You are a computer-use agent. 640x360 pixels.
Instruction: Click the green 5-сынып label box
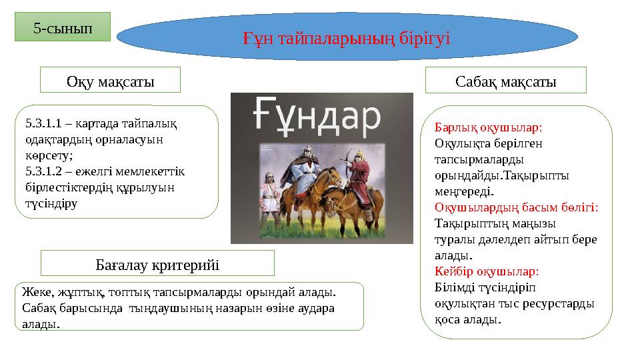tap(63, 27)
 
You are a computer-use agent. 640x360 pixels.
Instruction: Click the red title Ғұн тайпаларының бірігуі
tap(347, 39)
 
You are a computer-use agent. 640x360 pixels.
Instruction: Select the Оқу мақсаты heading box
tap(110, 80)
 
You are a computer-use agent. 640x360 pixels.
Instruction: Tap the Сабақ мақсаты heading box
tap(506, 81)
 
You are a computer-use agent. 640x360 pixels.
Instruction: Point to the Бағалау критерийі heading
tap(157, 264)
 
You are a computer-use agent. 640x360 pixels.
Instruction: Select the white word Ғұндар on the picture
tap(317, 117)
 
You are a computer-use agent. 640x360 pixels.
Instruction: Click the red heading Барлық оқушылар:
tap(488, 128)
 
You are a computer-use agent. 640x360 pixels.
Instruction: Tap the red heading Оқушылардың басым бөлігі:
tap(516, 207)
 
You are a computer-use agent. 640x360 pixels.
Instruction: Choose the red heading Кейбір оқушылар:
tap(487, 271)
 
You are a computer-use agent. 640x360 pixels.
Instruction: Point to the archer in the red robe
tap(360, 179)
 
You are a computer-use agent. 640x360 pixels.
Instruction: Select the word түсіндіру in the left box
tap(51, 204)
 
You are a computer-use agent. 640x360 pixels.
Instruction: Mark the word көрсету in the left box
tap(49, 155)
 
